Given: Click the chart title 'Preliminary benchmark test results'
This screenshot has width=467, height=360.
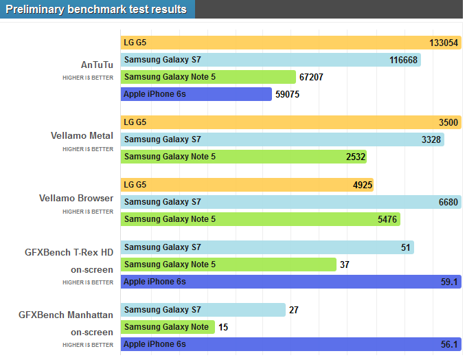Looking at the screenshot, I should pyautogui.click(x=96, y=10).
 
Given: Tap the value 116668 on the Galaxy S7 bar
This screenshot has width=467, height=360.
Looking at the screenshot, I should pyautogui.click(x=403, y=60).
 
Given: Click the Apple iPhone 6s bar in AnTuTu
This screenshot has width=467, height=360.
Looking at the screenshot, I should pyautogui.click(x=196, y=94).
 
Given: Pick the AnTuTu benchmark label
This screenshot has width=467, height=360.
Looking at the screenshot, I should pyautogui.click(x=97, y=65).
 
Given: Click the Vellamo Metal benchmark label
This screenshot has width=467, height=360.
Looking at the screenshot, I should pyautogui.click(x=82, y=135).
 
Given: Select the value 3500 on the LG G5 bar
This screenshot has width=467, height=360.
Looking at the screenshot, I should pyautogui.click(x=448, y=122).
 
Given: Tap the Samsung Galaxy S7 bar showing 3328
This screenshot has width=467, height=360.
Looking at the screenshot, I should pyautogui.click(x=282, y=139).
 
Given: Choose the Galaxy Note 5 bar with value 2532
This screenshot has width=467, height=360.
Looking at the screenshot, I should pyautogui.click(x=244, y=157).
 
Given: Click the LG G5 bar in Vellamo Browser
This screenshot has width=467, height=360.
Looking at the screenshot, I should pyautogui.click(x=247, y=185).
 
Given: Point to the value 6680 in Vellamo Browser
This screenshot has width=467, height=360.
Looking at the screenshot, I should pyautogui.click(x=447, y=202).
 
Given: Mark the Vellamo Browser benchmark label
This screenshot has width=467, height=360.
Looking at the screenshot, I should pyautogui.click(x=76, y=199).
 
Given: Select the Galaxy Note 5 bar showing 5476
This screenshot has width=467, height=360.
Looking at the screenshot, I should pyautogui.click(x=260, y=219).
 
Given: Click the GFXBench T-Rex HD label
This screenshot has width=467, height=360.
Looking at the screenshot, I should pyautogui.click(x=69, y=252).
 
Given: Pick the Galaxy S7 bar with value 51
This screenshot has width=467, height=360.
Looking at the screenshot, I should pyautogui.click(x=267, y=247).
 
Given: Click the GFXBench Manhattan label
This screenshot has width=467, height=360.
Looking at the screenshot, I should pyautogui.click(x=66, y=315).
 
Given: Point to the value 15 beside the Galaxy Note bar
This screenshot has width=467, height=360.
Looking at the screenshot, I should pyautogui.click(x=223, y=327).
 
